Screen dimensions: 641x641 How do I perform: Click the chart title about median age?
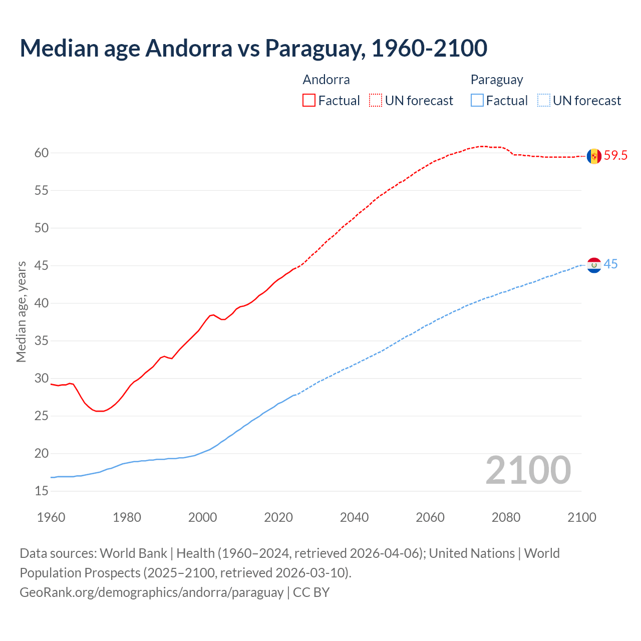coord(253,48)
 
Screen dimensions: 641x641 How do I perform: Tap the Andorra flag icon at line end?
coord(594,156)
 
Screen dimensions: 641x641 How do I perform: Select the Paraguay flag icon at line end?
coord(594,265)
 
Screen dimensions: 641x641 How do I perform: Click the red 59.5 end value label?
coord(615,156)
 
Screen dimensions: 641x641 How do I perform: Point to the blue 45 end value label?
coord(610,264)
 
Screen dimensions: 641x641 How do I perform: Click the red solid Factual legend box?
coord(309,101)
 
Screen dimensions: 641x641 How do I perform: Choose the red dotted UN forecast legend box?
coord(376,101)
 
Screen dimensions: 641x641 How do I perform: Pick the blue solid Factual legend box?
coord(477,101)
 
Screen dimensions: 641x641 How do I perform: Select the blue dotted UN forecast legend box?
coord(543,101)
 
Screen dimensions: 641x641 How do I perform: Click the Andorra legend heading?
coord(326,80)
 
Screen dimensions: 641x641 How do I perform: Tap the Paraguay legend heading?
coord(496,80)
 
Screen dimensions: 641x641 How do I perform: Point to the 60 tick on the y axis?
coord(42,153)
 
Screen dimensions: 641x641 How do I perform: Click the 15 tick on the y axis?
coord(42,491)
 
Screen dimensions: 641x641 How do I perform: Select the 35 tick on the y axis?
coord(42,341)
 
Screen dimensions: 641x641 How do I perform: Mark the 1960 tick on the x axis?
coord(51,517)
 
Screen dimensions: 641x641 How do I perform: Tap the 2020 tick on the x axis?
coord(278,517)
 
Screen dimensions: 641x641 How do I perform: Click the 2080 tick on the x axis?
coord(506,517)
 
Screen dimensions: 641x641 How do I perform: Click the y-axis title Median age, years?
coord(21,311)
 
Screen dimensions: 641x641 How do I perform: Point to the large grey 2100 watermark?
coord(528,470)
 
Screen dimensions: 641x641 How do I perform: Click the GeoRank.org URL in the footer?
coord(152,592)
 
